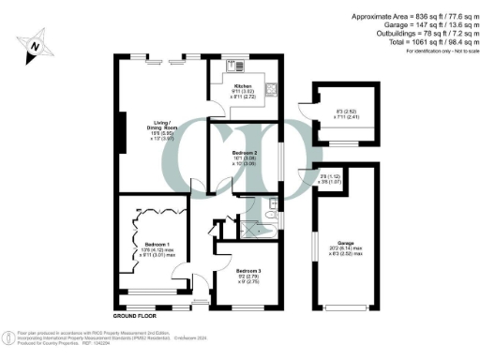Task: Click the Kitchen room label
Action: tap(243, 85)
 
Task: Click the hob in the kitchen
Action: tap(234, 67)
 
